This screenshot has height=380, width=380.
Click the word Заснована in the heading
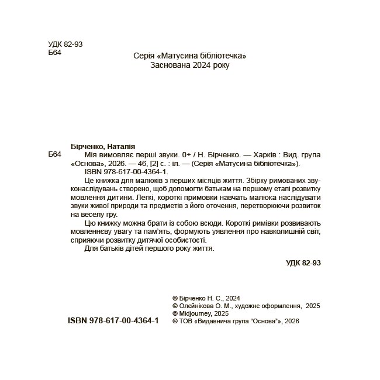pos(168,65)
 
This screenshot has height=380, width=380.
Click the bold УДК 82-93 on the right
pos(303,263)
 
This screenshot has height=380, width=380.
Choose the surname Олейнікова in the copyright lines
pos(197,305)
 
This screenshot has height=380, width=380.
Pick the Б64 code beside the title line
pos(54,155)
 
